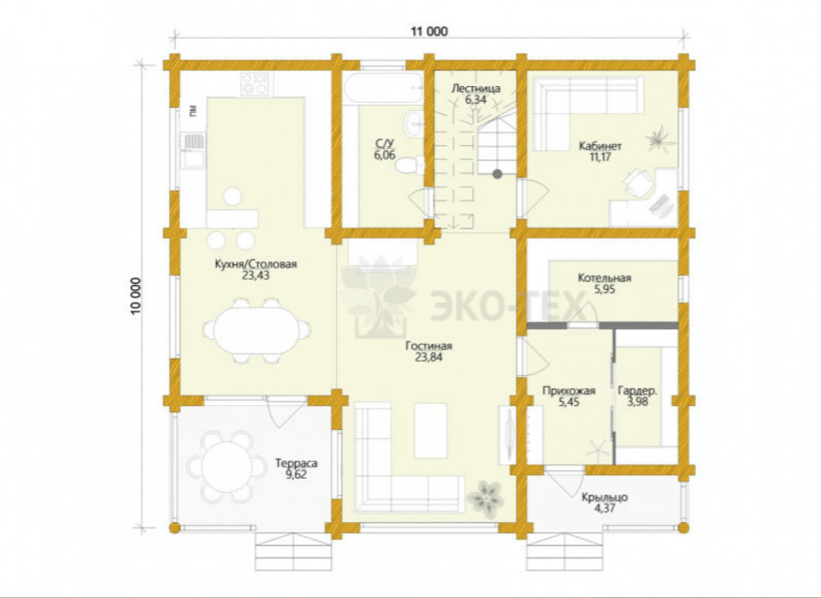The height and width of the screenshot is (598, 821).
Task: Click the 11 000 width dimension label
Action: [429, 31]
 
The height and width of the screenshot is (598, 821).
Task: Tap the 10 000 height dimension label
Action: [136, 296]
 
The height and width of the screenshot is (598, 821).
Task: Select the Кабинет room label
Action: [600, 146]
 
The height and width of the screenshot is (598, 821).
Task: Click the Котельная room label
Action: [604, 277]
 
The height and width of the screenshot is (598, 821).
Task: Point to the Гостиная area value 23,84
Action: [429, 358]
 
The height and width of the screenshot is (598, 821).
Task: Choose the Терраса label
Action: [296, 464]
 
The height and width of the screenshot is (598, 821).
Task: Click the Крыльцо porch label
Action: [604, 498]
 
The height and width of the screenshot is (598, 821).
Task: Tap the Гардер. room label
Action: [637, 391]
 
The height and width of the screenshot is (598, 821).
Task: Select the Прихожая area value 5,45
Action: [569, 402]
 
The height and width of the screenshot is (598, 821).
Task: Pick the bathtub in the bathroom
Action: [383, 88]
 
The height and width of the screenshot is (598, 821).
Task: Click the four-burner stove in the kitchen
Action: [256, 84]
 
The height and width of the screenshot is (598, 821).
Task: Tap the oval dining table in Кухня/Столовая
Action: [257, 330]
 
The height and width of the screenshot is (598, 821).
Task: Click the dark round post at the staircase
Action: [497, 174]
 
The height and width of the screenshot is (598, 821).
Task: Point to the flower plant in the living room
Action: [485, 499]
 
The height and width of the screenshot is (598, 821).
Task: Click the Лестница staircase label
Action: [475, 89]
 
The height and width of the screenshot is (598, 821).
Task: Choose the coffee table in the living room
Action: [431, 431]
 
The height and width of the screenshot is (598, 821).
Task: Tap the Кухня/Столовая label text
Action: [256, 264]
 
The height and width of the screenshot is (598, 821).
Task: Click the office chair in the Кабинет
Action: [639, 182]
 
